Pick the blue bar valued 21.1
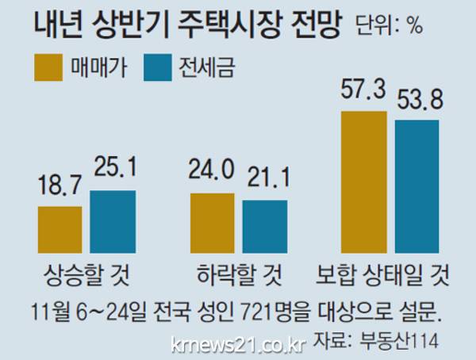[264, 225]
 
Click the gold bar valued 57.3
[363, 181]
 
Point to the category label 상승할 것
[85, 278]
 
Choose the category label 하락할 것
[236, 278]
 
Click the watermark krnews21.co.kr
[238, 343]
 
